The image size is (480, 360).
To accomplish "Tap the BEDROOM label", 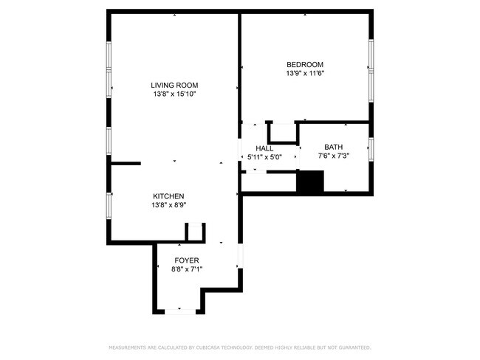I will (x=305, y=64).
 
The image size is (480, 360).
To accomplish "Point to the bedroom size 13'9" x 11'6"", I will (x=305, y=73).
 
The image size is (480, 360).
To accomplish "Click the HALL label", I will (x=264, y=148).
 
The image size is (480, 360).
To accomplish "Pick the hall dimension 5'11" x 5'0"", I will (x=264, y=156).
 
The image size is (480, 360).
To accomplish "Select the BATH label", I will (x=333, y=147).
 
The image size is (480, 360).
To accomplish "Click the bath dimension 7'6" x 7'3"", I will (x=333, y=156).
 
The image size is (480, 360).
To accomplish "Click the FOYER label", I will (x=186, y=260).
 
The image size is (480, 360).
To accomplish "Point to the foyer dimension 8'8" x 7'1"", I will (x=186, y=269).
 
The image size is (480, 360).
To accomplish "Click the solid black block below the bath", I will (x=310, y=182).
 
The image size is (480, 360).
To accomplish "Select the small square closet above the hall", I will (x=281, y=133).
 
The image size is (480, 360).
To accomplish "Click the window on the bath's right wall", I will (x=371, y=148).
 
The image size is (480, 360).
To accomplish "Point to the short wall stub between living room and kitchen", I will (x=125, y=163).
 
